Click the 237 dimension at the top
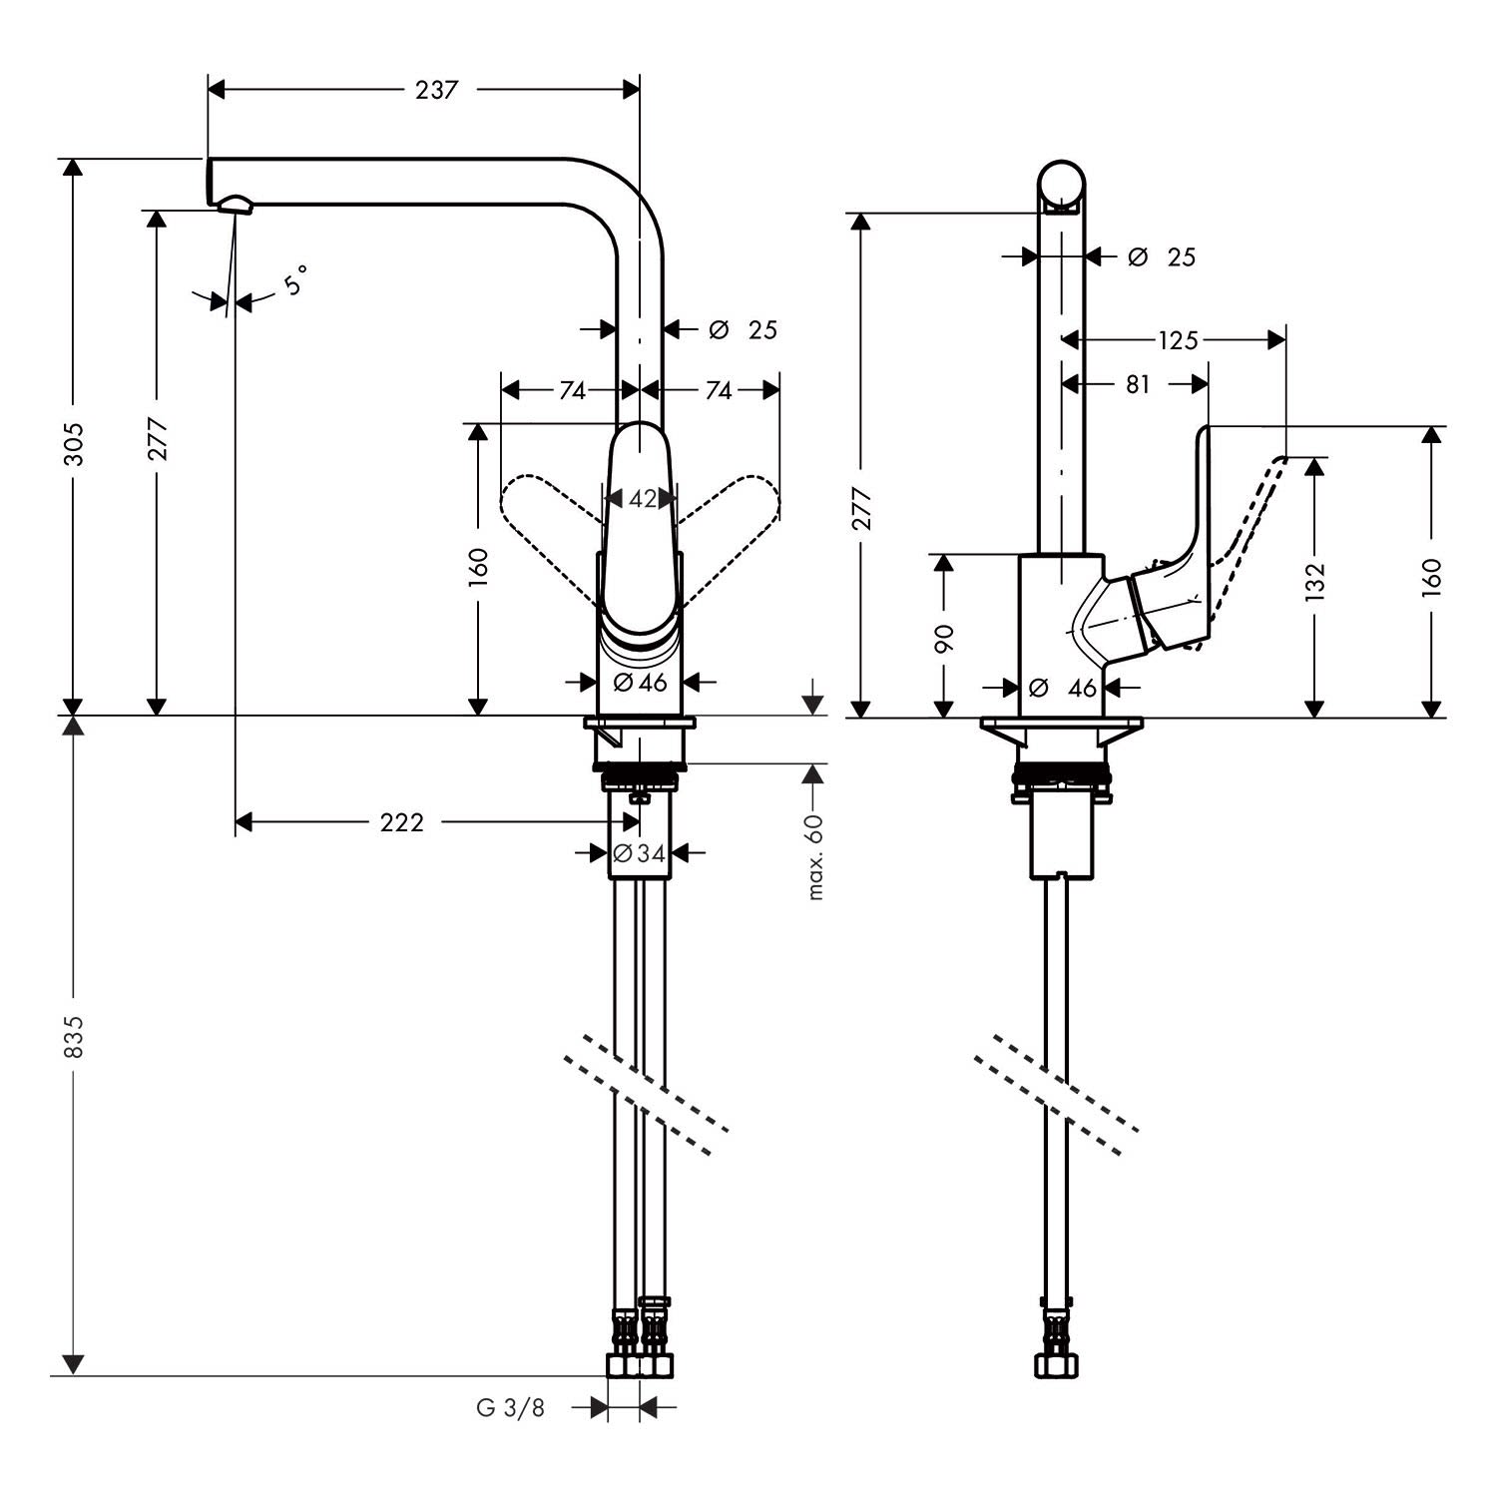[x=436, y=90]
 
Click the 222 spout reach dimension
[x=402, y=822]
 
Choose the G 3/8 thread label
[x=511, y=1408]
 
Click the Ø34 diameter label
[x=639, y=853]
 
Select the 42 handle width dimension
[x=644, y=497]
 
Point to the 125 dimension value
[x=1178, y=341]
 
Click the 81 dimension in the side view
[x=1138, y=384]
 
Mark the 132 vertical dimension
[x=1316, y=582]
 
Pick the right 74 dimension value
[x=719, y=390]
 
